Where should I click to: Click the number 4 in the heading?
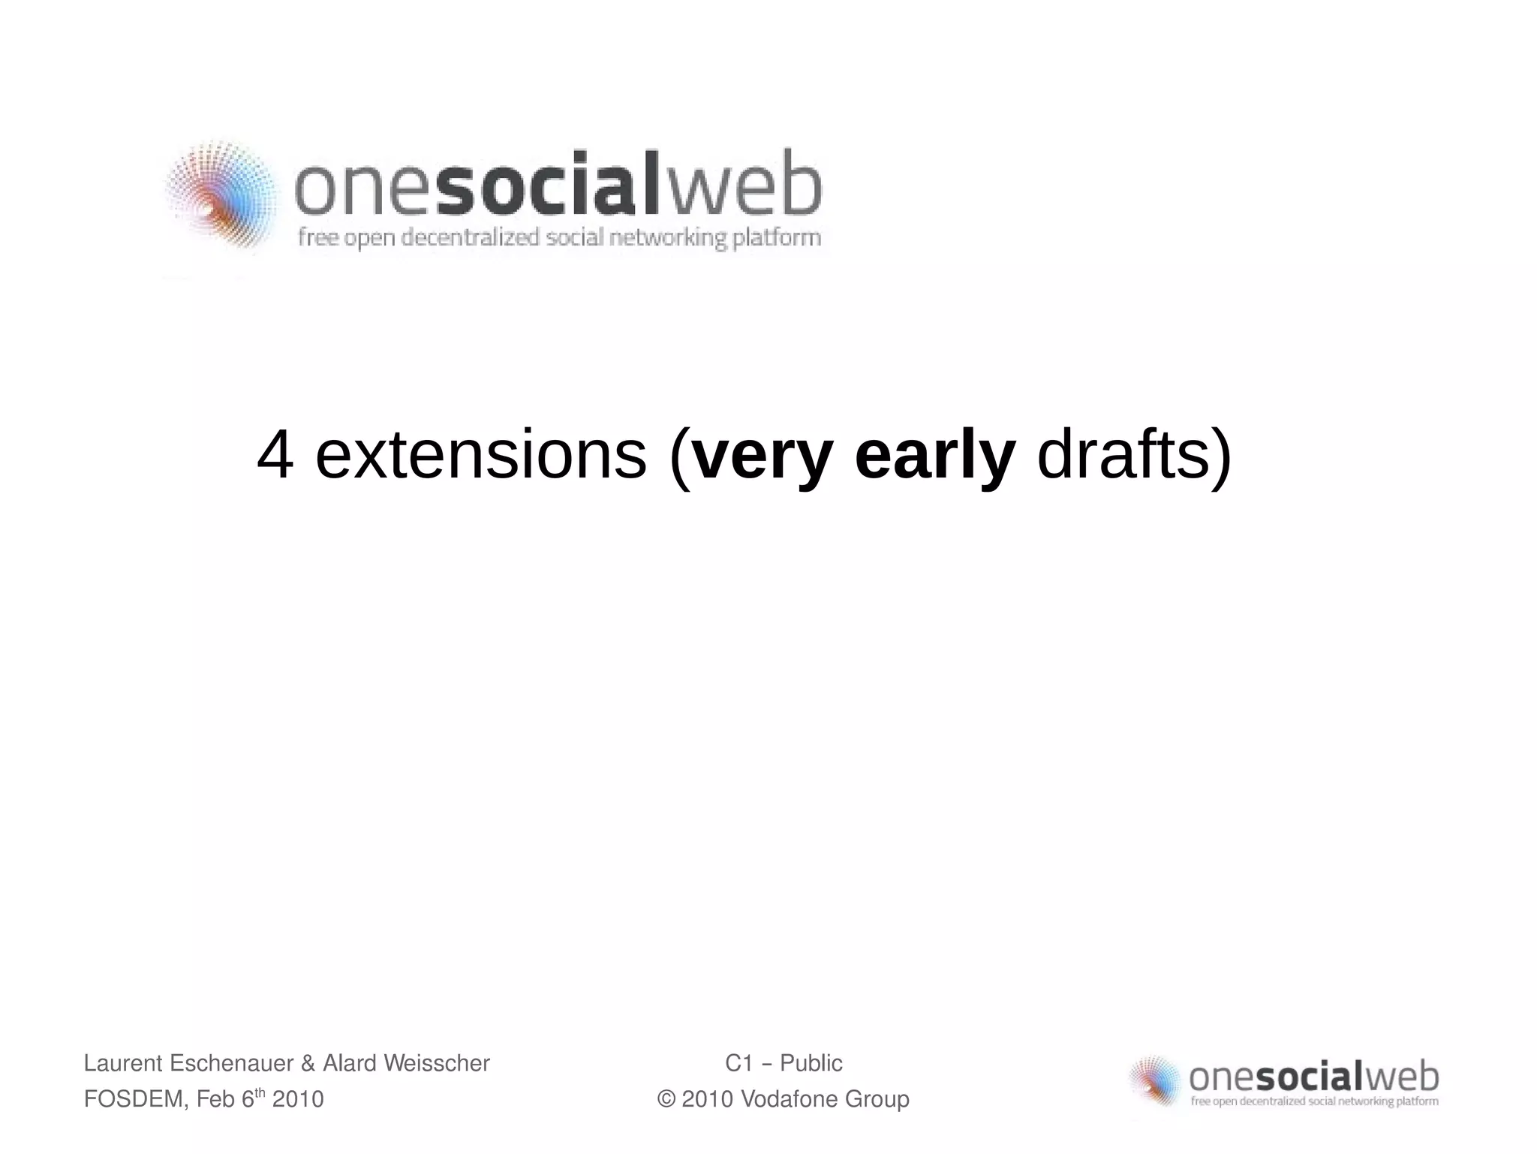pos(275,456)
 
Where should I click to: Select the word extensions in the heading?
pos(480,456)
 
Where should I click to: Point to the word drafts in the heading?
pos(1123,456)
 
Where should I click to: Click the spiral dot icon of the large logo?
pos(220,195)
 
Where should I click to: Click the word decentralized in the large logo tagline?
pos(471,238)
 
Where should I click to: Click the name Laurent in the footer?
pos(123,1063)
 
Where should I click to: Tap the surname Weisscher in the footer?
pos(436,1063)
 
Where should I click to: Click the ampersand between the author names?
pos(308,1063)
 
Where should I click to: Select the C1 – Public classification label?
pos(784,1063)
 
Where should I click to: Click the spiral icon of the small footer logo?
pos(1156,1080)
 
